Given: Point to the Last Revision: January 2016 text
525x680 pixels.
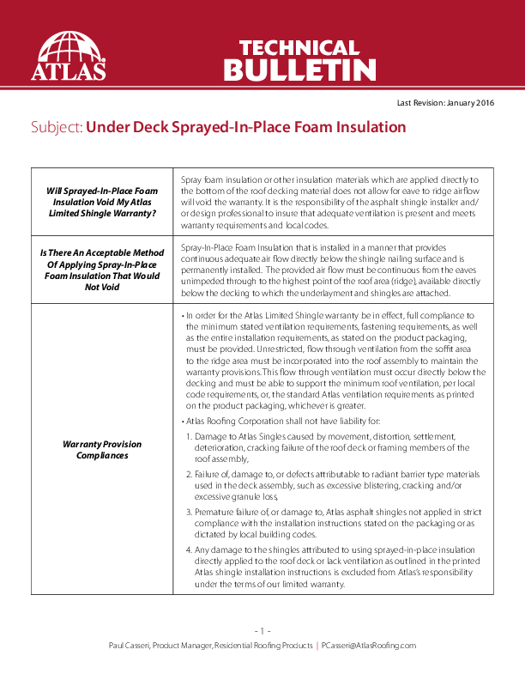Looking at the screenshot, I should click(x=445, y=103).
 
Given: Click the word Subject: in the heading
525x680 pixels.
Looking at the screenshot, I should click(x=56, y=128).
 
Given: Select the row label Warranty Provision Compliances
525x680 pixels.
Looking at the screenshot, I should click(x=103, y=450).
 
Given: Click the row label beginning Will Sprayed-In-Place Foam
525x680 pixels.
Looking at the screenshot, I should click(x=103, y=201).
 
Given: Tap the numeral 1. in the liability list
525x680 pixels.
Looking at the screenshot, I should click(x=190, y=437).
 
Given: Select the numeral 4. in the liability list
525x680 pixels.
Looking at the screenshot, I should click(x=190, y=549).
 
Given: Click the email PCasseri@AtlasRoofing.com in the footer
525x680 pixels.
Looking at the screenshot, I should click(x=368, y=645).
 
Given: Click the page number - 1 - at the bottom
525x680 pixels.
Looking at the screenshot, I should click(x=262, y=631).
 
